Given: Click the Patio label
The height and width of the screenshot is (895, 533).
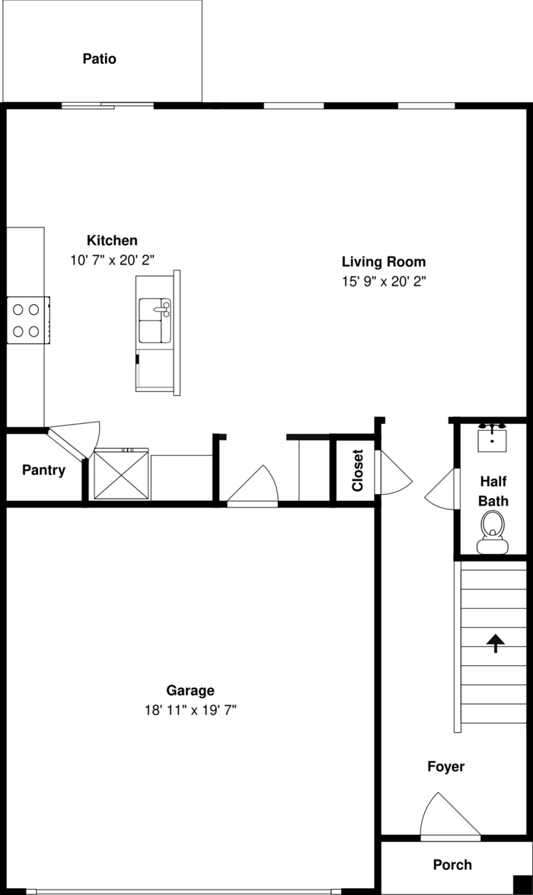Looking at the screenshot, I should point(100,59).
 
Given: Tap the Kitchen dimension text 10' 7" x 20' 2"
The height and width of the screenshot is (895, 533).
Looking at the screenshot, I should point(113,260).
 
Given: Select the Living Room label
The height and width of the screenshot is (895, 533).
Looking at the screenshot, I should point(383,261).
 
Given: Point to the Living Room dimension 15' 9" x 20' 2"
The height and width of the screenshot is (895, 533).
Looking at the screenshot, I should point(383,281).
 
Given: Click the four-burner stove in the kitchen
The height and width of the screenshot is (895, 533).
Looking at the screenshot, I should point(27,320).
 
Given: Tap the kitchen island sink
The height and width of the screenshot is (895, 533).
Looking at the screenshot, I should point(155,320).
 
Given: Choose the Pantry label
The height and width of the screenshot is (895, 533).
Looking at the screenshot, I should point(43,470).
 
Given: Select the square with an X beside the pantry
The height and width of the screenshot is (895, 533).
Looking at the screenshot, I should point(120,475).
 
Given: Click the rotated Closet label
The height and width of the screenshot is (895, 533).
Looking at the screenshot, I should point(357,470).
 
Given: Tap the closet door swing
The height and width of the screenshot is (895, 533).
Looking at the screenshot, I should point(393,475).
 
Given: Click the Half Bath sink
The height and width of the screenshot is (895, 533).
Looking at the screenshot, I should point(493,437).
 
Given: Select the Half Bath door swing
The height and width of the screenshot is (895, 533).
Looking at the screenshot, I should point(443,490).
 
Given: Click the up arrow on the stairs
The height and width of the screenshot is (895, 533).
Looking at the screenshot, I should point(496,644).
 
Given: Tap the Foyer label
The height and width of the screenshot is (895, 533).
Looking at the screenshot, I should point(445,766).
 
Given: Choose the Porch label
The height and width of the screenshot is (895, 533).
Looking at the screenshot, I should point(452,865).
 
